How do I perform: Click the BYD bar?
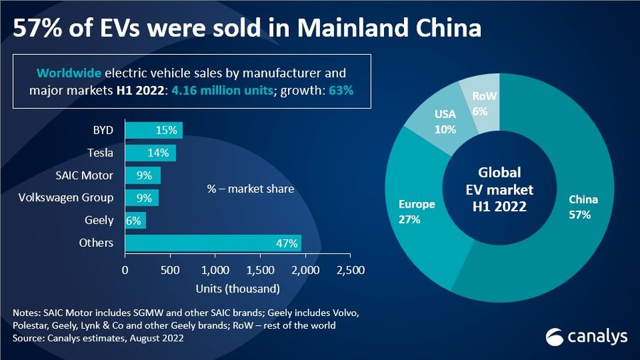click(x=154, y=131)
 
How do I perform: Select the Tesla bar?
click(x=150, y=153)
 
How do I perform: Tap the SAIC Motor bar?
click(x=142, y=176)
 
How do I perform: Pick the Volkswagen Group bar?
click(x=142, y=198)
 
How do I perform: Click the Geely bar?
click(x=135, y=221)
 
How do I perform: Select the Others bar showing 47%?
click(x=213, y=243)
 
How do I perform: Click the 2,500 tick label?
click(x=350, y=270)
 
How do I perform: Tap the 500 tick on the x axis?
click(x=170, y=270)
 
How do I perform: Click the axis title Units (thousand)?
click(x=238, y=289)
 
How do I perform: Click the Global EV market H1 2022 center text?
click(x=499, y=190)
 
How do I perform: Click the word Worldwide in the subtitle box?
click(x=69, y=73)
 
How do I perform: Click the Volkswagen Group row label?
click(x=65, y=198)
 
